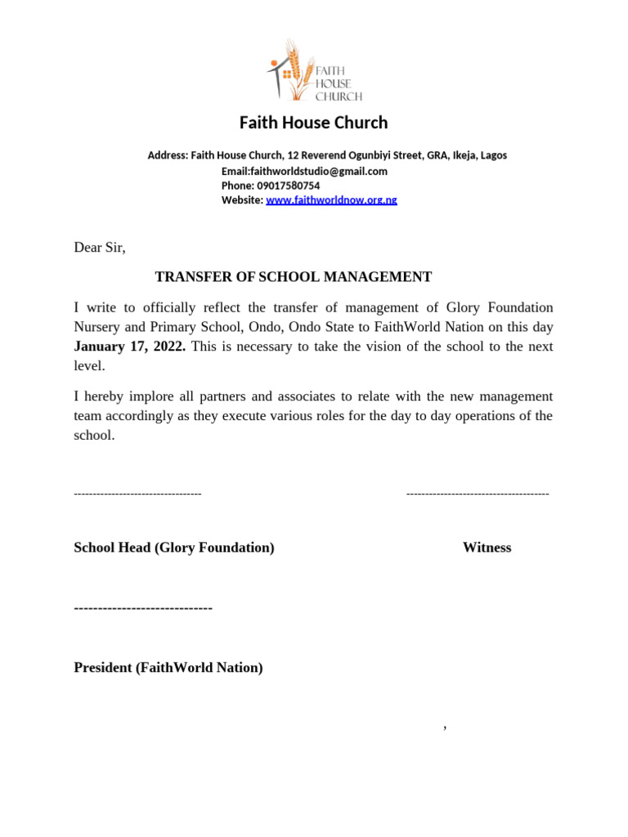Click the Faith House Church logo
pos(315,71)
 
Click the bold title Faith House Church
pos(313,123)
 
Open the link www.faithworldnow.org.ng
pos(331,200)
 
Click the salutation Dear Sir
pos(100,248)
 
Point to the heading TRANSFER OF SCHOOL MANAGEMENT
pos(293,277)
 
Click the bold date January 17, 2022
pos(130,347)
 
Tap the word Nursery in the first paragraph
pos(97,327)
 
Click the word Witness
pos(487,548)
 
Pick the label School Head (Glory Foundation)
pos(174,548)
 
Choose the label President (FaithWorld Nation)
pos(168,668)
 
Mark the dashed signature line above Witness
pos(478,494)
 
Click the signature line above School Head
pos(137,494)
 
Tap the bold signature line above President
pos(143,608)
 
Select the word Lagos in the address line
pos(493,155)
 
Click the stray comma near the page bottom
pos(445,727)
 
